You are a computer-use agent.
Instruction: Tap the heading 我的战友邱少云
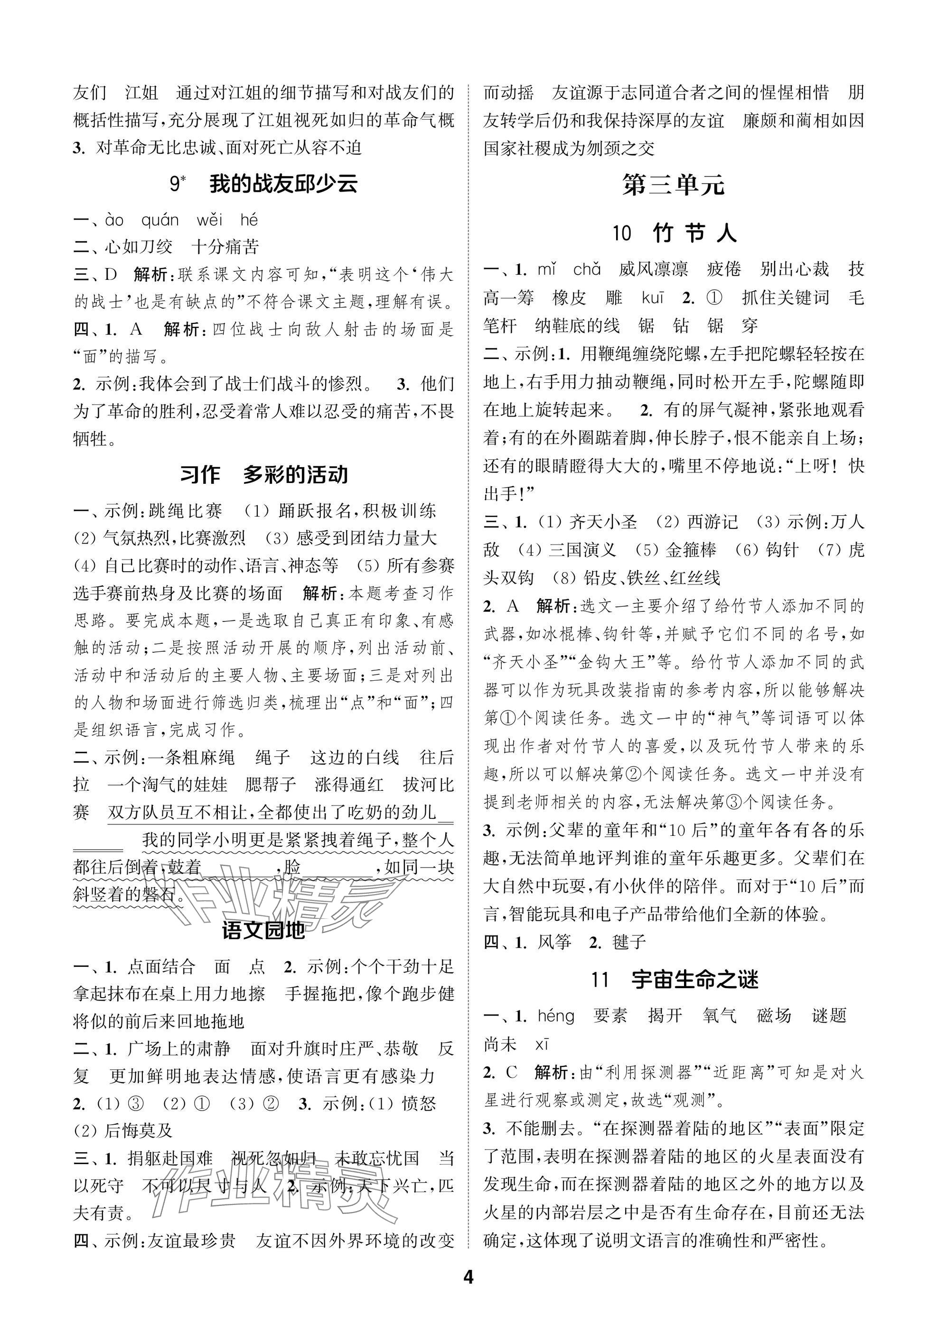(x=283, y=184)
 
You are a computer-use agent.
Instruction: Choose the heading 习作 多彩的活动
(x=264, y=474)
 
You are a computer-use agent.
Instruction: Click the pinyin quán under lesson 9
(x=160, y=220)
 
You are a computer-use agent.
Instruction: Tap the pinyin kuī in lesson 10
(x=652, y=298)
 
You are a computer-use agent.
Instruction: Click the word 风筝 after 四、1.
(x=554, y=942)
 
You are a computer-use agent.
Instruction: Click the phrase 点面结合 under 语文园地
(x=161, y=966)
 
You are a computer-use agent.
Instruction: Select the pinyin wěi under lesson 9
(x=209, y=220)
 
